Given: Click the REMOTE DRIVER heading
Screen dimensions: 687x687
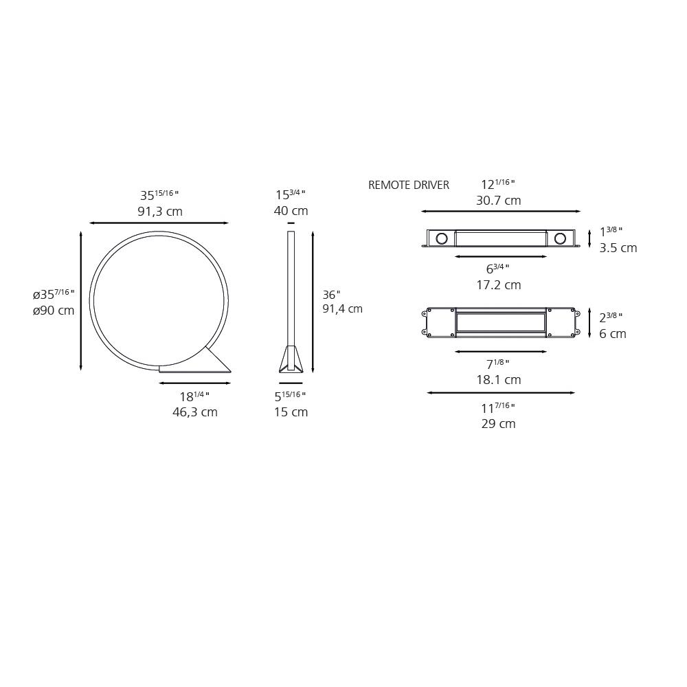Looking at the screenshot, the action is coord(408,185).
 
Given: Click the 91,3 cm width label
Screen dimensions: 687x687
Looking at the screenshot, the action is coord(160,212).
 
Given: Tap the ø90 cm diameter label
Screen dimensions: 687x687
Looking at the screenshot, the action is coord(54,311).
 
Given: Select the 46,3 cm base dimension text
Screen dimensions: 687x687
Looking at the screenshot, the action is coord(195,412).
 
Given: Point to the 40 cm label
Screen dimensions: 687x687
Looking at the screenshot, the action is coord(291,211).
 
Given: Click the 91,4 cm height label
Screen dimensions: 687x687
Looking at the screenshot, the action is coord(343,309).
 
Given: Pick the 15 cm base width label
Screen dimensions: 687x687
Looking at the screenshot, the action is coord(291,412).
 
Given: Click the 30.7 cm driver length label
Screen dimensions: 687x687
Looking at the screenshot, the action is coord(499,201).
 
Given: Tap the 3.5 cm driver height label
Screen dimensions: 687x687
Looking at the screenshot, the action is coord(618,248).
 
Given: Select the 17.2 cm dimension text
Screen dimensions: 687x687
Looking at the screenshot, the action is coord(499,285).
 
